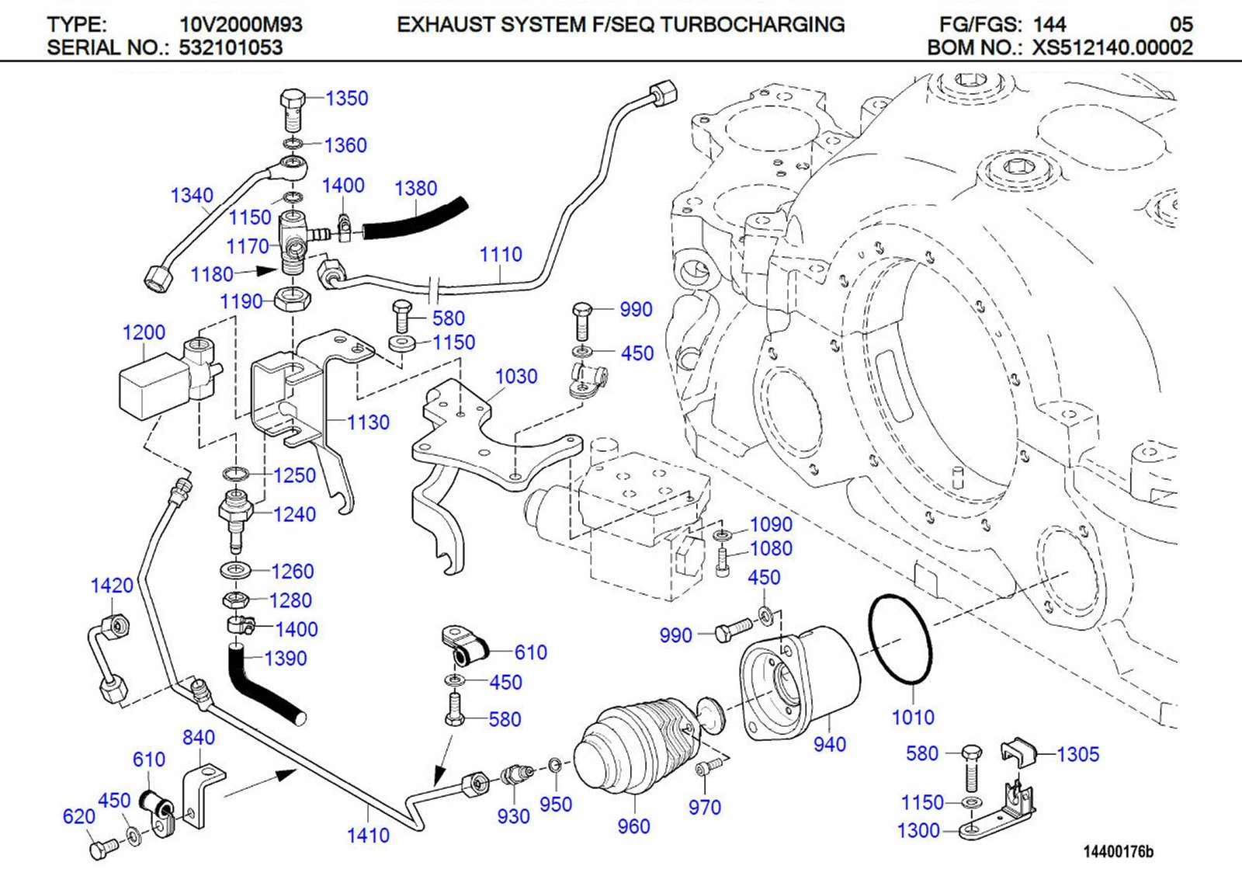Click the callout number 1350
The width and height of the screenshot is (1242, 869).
click(x=346, y=99)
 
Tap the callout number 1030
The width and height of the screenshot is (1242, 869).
click(x=516, y=377)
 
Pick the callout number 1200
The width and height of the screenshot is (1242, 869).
click(x=144, y=332)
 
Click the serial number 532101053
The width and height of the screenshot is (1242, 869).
click(x=231, y=47)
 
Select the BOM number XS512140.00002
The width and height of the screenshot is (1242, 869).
click(x=1112, y=47)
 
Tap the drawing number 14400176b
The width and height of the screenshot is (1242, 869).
click(x=1119, y=852)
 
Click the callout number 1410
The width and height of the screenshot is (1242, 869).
click(x=368, y=836)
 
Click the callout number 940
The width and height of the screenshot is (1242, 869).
click(x=829, y=745)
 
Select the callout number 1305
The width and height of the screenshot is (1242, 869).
click(x=1077, y=754)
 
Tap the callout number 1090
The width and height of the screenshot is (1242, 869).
click(x=770, y=525)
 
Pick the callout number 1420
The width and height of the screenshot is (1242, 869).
click(x=112, y=586)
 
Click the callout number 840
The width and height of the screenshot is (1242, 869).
click(x=199, y=737)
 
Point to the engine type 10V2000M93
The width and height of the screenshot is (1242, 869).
click(x=241, y=25)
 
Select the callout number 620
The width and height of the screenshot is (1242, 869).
click(x=78, y=816)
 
